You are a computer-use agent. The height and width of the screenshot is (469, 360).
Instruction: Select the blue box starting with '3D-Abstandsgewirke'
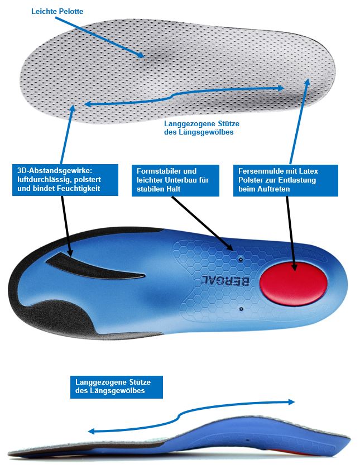coord(64,180)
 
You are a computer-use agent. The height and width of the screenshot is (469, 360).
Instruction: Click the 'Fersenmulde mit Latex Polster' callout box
coord(286,180)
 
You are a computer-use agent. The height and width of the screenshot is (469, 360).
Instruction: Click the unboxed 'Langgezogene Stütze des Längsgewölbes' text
coord(199,128)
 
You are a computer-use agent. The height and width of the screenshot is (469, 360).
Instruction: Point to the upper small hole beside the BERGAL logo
coord(240,259)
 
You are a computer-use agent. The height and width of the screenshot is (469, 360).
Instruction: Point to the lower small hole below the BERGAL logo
coord(240,308)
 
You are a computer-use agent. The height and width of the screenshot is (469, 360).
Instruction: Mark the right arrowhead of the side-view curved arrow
coord(292,401)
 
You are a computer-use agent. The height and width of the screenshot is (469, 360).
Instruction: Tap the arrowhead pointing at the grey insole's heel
coord(306,82)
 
